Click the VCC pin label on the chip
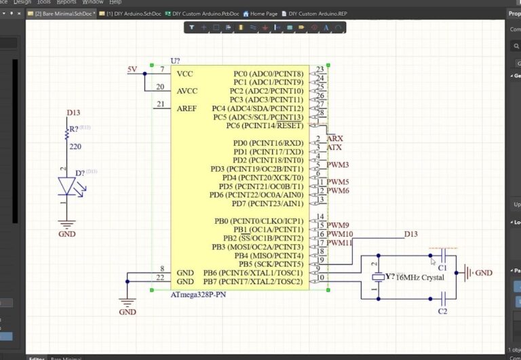point(185,74)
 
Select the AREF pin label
point(187,108)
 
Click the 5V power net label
point(132,70)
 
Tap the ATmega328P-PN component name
point(197,295)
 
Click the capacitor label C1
point(442,269)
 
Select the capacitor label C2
point(442,311)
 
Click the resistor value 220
point(75,146)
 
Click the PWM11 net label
point(340,243)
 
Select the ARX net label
point(334,138)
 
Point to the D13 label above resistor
point(73,113)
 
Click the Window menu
point(92,3)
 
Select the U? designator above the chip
point(175,61)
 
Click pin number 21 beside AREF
point(160,104)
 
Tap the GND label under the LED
point(66,233)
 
